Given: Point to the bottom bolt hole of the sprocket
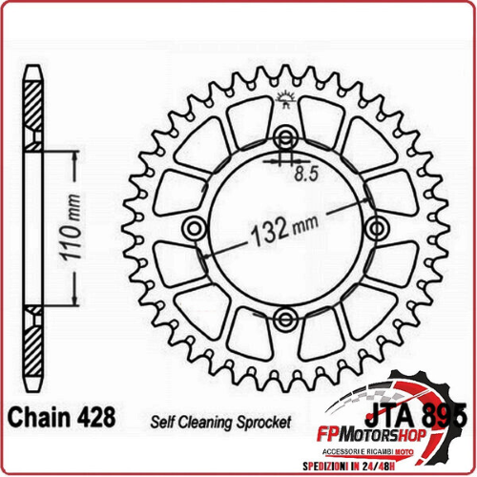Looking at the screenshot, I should pyautogui.click(x=285, y=318).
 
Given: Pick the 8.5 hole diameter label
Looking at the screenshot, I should pyautogui.click(x=307, y=174).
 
